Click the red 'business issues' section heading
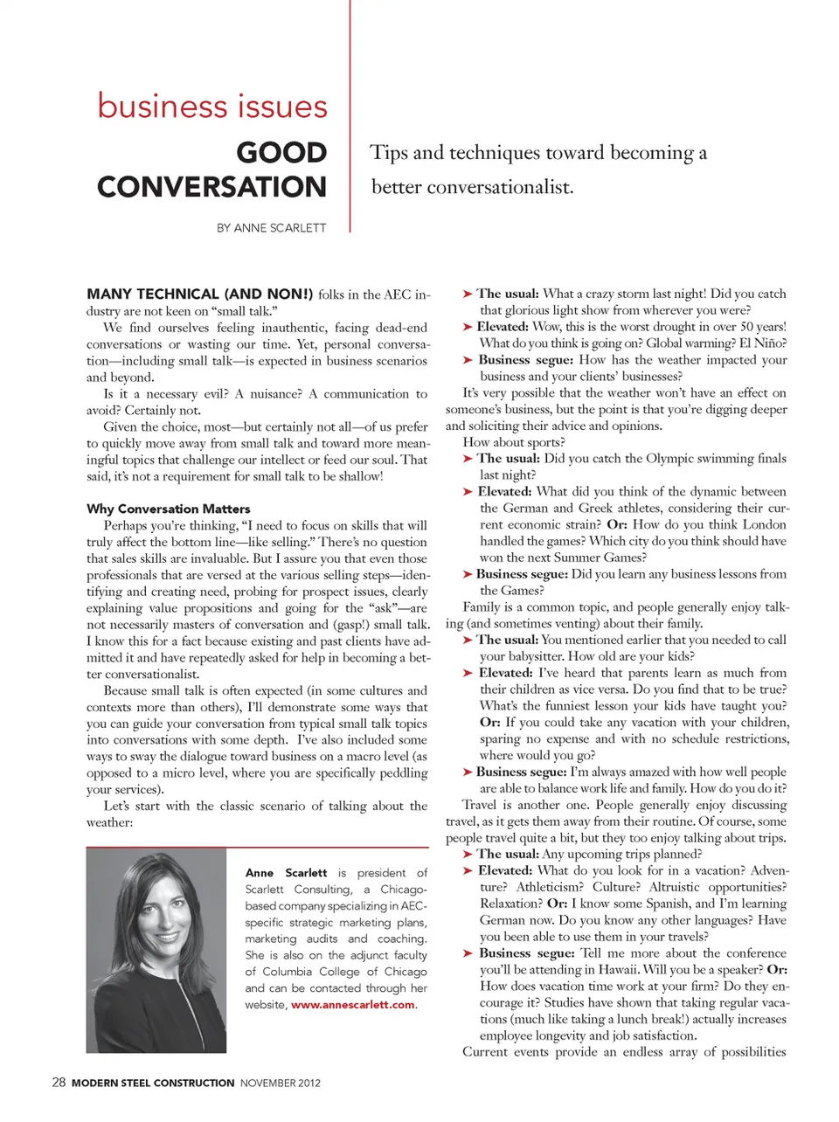click(x=212, y=107)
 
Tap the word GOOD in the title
click(x=281, y=153)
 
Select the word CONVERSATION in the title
click(x=211, y=187)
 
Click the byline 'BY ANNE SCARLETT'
click(x=271, y=228)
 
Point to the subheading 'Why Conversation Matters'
click(x=169, y=509)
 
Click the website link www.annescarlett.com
click(x=352, y=1005)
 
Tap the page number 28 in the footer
click(x=59, y=1082)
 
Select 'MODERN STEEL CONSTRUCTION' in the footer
click(x=153, y=1083)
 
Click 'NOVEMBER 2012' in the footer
click(x=281, y=1083)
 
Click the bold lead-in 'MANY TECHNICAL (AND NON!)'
click(x=199, y=294)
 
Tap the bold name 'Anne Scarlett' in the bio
click(x=286, y=873)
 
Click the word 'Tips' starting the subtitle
click(x=389, y=153)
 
